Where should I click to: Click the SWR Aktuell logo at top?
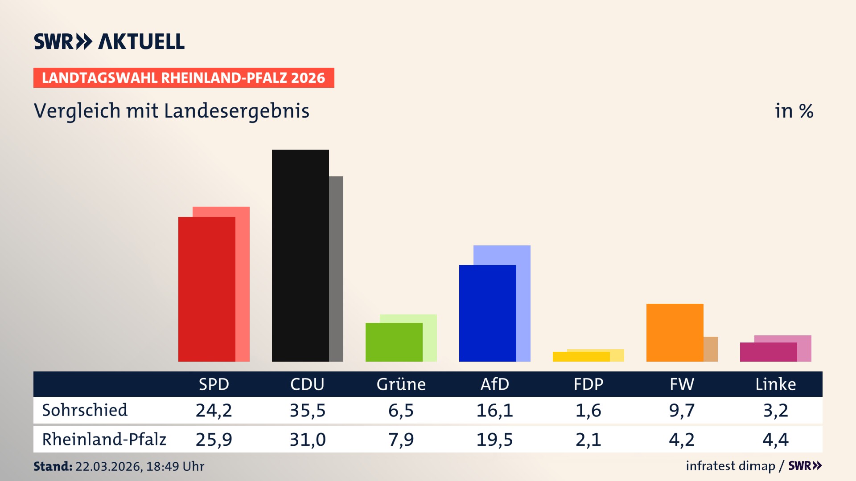(109, 41)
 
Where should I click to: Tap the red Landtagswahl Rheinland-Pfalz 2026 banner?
(184, 78)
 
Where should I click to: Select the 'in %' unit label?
(794, 111)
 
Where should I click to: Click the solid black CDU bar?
(300, 255)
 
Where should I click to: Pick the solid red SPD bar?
(206, 289)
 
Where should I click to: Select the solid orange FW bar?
(675, 332)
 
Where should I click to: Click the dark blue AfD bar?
(487, 313)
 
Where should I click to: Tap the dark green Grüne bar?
(394, 342)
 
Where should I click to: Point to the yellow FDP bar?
(581, 357)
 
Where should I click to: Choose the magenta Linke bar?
(768, 352)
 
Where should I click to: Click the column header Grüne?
(401, 384)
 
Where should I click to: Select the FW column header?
(682, 384)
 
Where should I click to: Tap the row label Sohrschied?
(85, 410)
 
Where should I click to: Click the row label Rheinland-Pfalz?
(104, 440)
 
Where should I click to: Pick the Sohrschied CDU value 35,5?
(308, 410)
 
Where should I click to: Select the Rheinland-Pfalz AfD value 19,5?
(494, 440)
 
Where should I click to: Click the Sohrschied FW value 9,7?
(682, 410)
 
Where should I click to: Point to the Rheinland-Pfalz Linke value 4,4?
(775, 440)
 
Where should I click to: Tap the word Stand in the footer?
(53, 466)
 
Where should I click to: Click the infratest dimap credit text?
(730, 466)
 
